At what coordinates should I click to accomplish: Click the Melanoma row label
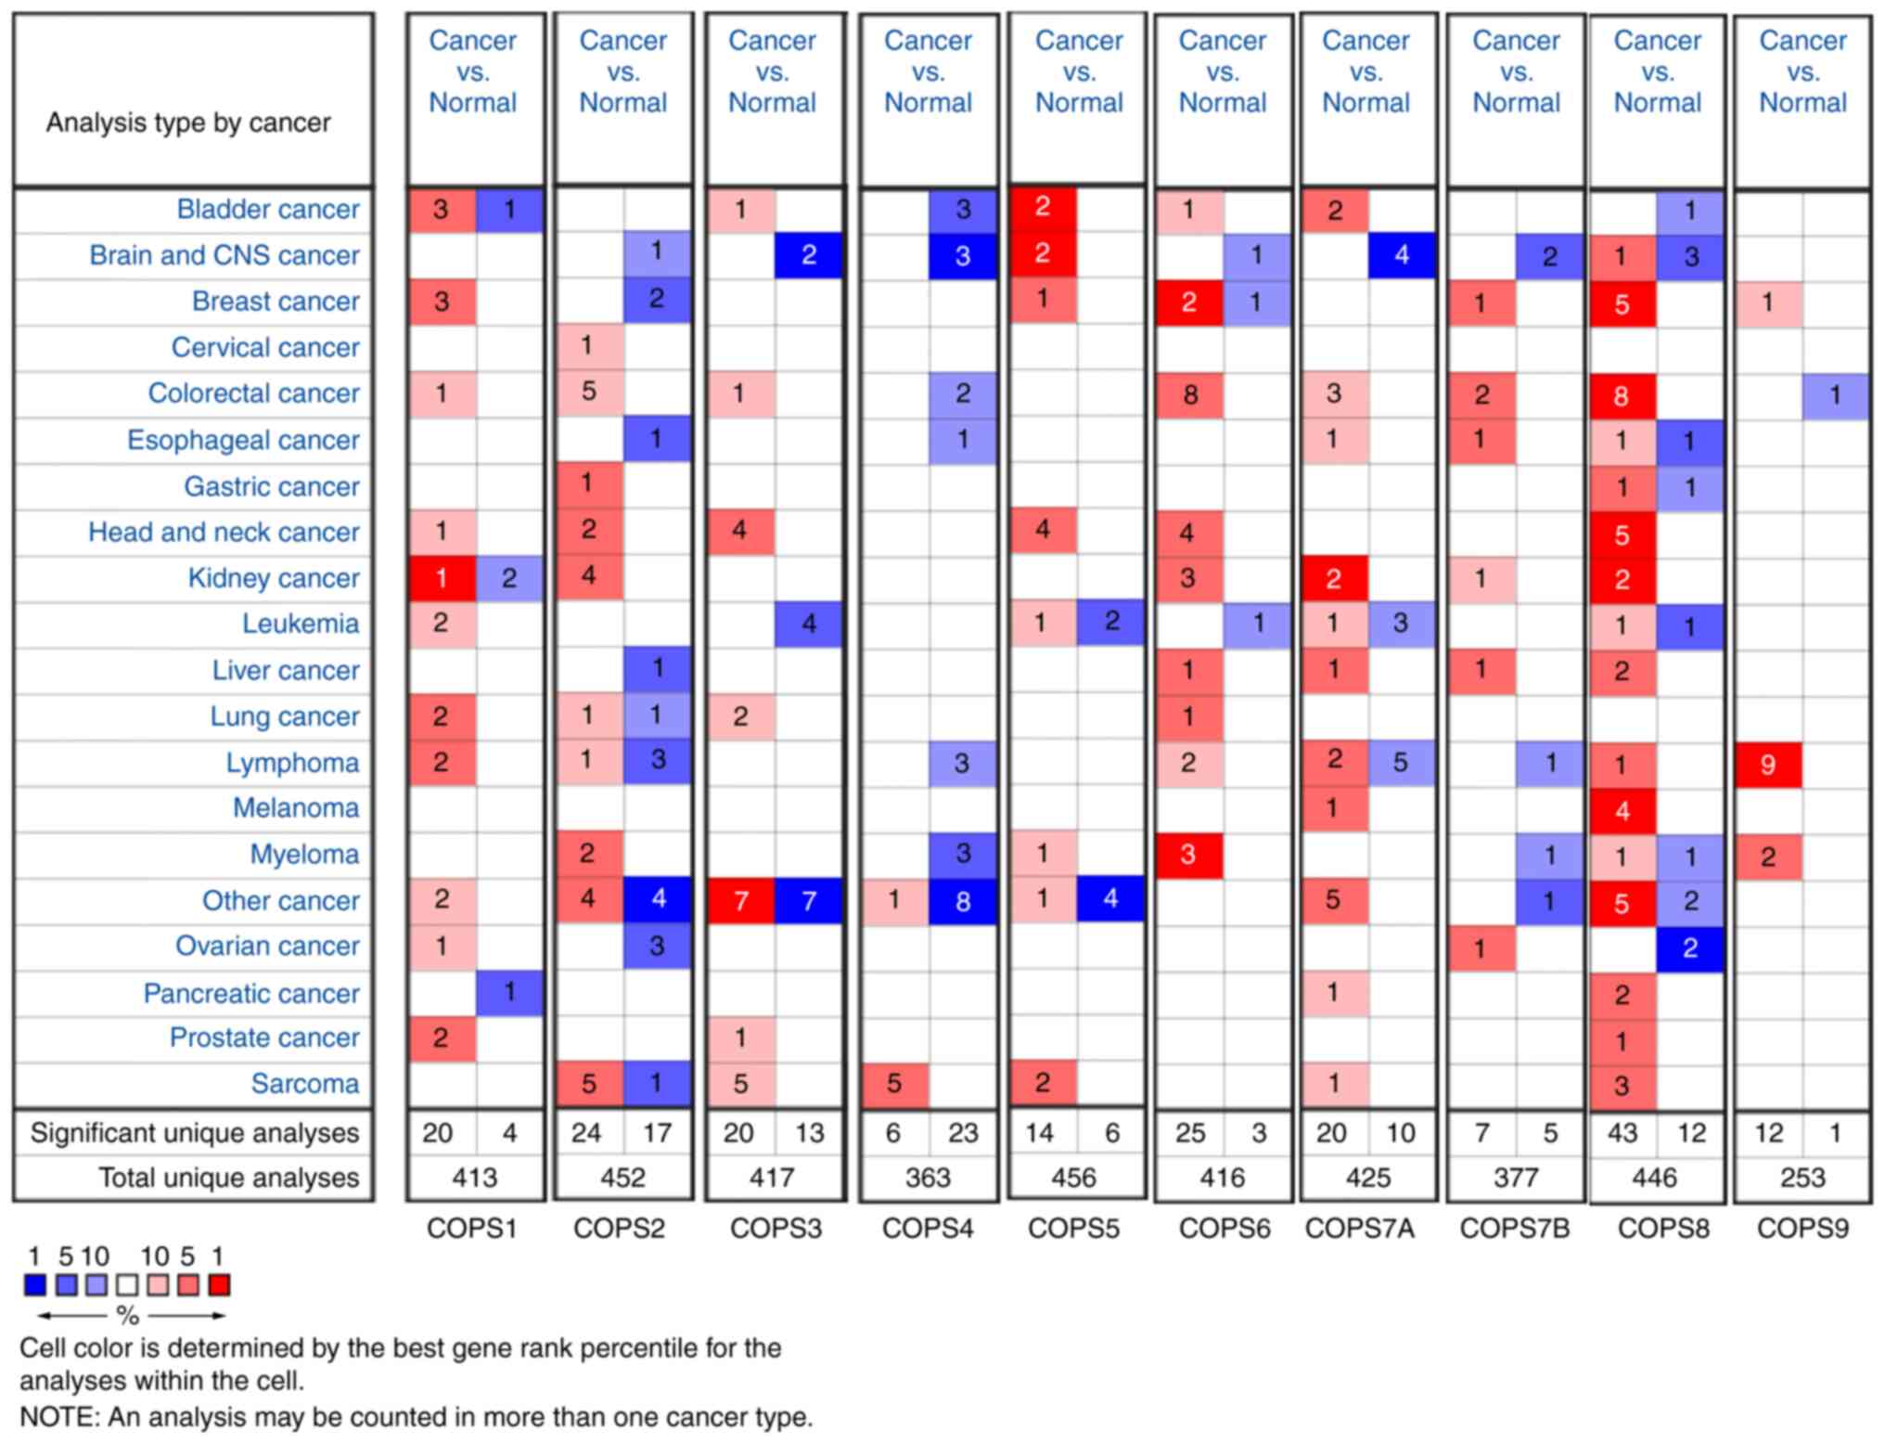point(295,807)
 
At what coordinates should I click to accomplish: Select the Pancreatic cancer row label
point(250,993)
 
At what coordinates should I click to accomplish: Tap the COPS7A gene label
point(1359,1228)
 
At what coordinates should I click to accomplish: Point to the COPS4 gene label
point(928,1228)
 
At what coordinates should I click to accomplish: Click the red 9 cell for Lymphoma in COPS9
point(1767,764)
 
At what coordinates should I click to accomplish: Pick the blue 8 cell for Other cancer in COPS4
point(962,900)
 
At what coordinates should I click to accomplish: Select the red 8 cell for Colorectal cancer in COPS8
point(1622,395)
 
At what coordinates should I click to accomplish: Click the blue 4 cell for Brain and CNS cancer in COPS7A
point(1401,255)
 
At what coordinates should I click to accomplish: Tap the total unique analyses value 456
point(1074,1178)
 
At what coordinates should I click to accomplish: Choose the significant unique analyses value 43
point(1622,1132)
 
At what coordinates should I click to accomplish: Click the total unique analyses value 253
point(1802,1178)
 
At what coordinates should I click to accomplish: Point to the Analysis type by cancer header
point(188,122)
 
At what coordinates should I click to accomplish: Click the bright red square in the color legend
point(219,1284)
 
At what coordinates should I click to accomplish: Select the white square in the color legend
point(127,1284)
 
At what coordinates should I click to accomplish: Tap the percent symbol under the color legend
point(127,1315)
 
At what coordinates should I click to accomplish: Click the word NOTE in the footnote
point(59,1417)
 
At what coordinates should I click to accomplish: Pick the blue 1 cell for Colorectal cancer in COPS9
point(1835,395)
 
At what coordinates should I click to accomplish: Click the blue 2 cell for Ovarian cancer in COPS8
point(1689,947)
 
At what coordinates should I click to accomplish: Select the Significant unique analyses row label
point(194,1132)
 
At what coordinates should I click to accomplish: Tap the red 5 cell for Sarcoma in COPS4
point(893,1084)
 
